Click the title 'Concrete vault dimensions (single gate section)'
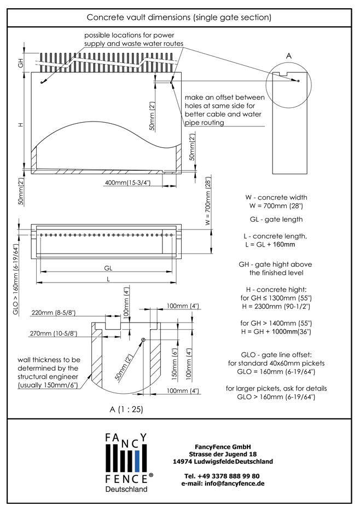pyautogui.click(x=179, y=17)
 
